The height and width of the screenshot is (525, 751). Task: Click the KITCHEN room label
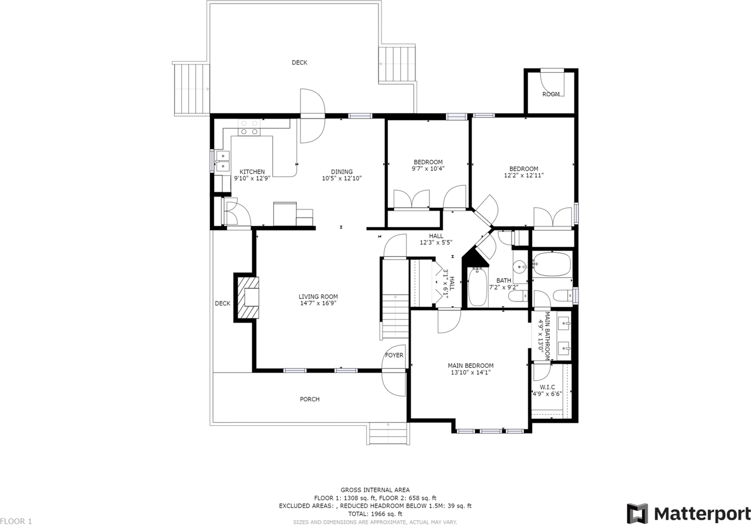[252, 172]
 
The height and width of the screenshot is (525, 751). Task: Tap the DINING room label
[341, 172]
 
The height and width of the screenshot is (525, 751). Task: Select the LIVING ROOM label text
[318, 296]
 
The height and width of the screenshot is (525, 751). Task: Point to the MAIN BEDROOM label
[471, 365]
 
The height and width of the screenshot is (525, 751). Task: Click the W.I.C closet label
[547, 387]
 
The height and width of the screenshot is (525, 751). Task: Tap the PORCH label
[309, 399]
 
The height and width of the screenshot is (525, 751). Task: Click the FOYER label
[394, 355]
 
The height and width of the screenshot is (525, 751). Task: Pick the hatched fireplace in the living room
[248, 297]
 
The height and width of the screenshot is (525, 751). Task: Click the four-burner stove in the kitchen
[249, 128]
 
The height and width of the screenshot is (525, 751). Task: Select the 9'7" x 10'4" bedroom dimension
[428, 168]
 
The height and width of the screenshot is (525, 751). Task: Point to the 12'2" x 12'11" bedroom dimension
[524, 175]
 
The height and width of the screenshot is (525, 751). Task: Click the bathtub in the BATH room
[478, 287]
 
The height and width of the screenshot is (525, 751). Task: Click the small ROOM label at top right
[551, 94]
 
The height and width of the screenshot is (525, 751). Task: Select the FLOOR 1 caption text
[16, 521]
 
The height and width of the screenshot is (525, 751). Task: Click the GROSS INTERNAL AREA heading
[375, 490]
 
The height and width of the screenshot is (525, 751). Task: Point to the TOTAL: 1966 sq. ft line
[375, 514]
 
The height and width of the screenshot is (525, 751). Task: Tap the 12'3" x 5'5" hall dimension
[436, 242]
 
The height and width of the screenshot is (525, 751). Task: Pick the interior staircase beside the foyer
[395, 316]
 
